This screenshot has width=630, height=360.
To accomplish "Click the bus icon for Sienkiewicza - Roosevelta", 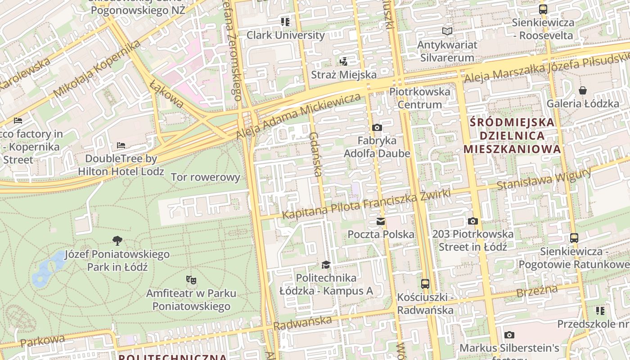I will pos(543,9).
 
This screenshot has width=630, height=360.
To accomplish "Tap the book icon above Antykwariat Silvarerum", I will pos(447,31).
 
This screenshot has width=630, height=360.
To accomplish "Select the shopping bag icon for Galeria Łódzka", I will pos(583,90).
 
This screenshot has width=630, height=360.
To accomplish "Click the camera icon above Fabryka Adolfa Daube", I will pos(377,128).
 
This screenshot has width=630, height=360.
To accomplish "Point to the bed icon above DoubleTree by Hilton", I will pos(121,145).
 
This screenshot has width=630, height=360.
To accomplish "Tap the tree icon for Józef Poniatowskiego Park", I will pos(117,241).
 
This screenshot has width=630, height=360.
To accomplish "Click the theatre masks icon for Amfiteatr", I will pos(191,280).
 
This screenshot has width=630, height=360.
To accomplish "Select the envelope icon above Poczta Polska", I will pos(381,221).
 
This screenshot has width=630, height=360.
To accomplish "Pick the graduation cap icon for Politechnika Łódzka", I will pos(326,265).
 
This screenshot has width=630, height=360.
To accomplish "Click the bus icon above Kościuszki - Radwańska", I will pos(425,284).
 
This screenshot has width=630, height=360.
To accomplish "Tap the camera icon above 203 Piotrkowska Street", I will pos(472,221).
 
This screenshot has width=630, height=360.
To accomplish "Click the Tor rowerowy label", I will pos(206,177).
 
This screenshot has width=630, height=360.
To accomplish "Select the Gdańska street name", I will pos(316,154).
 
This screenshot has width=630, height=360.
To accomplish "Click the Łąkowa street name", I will pos(167,94).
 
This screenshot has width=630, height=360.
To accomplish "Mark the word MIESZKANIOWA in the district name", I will pos(512,149).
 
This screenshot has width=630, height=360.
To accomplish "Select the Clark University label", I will pos(285,35).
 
